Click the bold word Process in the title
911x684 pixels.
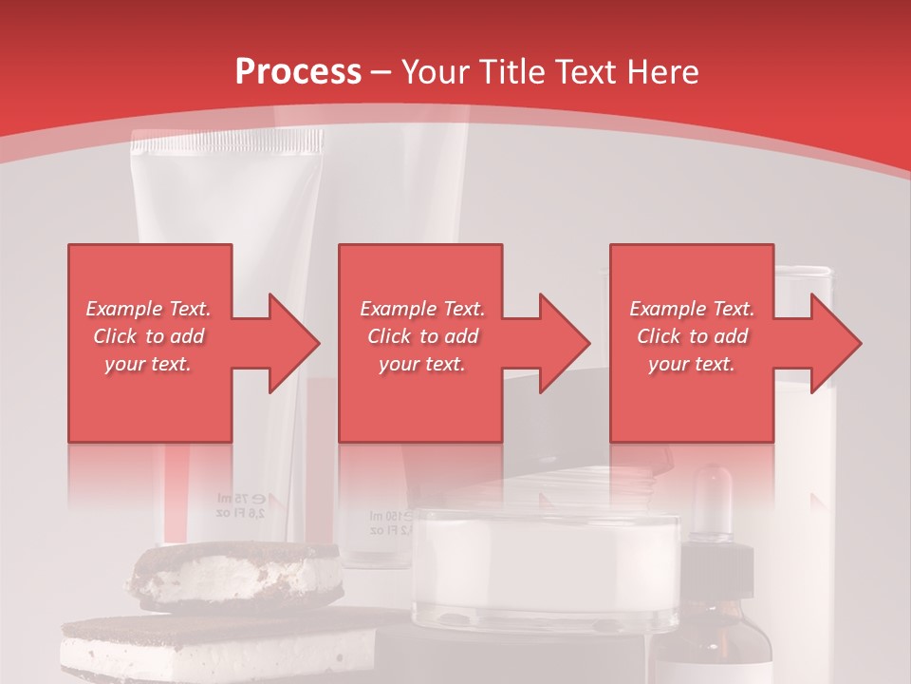(x=298, y=71)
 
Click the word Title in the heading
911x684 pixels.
(x=512, y=71)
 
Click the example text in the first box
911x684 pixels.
(x=149, y=336)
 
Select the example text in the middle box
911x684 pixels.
(x=422, y=336)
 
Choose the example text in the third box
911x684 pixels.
(x=692, y=336)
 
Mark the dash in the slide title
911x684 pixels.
(x=381, y=72)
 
